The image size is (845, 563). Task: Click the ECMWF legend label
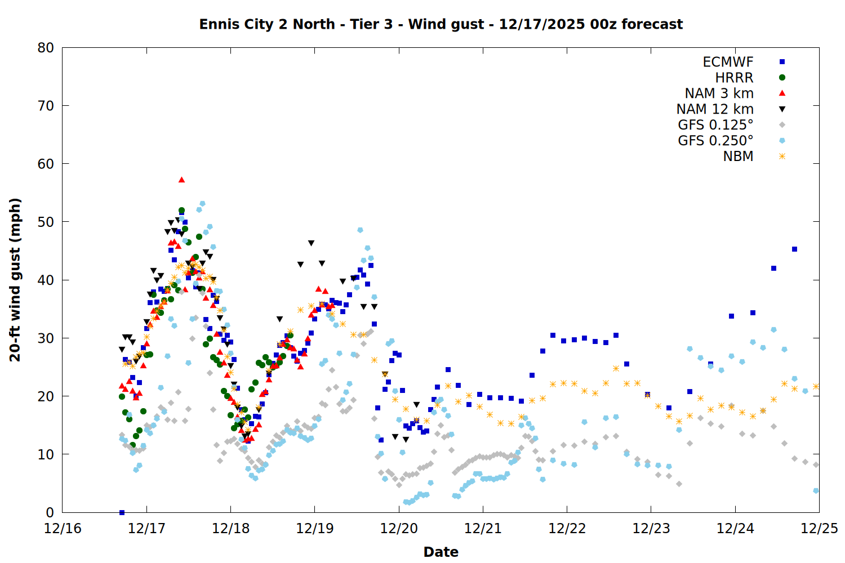[x=728, y=62]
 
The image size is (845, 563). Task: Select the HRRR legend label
[x=734, y=78]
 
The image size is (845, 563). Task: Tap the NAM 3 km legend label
[x=719, y=93]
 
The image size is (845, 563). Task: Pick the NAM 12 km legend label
[x=715, y=109]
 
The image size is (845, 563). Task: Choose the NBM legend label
[x=738, y=157]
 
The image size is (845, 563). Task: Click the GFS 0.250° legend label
[x=715, y=141]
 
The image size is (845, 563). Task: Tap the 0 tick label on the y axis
[x=50, y=512]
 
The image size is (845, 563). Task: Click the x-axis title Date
[x=441, y=552]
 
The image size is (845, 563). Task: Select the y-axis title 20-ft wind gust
[x=15, y=280]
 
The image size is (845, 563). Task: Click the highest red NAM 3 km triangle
[x=181, y=180]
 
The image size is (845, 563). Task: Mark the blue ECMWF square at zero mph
[x=122, y=512]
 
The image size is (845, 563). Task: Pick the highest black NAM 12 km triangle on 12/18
[x=311, y=243]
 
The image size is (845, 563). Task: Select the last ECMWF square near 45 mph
[x=794, y=249]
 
